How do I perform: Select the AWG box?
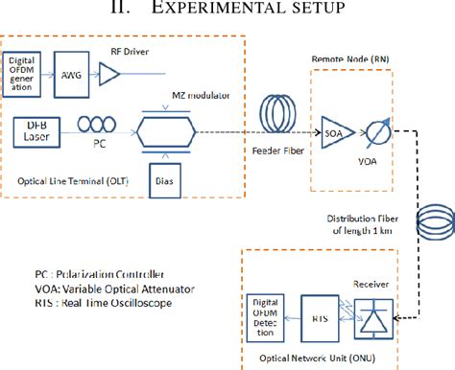[85, 73]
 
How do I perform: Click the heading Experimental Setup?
[227, 9]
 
